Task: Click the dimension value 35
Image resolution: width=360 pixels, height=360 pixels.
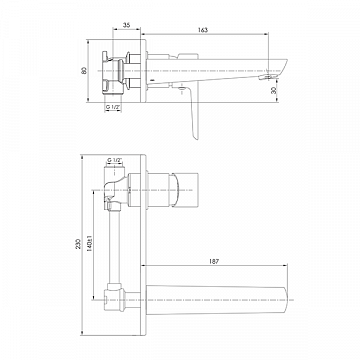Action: [127, 25]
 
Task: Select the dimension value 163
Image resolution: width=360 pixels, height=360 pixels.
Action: [203, 30]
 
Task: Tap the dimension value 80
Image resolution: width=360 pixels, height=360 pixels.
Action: [84, 71]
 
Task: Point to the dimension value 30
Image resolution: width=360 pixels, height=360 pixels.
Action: [274, 90]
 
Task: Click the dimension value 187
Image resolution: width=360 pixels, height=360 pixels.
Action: [214, 262]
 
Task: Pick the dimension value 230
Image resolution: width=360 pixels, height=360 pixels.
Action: [78, 244]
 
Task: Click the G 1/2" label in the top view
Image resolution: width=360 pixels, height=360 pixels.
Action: [113, 107]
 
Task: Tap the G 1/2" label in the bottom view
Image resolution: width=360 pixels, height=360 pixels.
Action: [114, 160]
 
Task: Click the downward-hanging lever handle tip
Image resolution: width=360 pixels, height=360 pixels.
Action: [197, 137]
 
